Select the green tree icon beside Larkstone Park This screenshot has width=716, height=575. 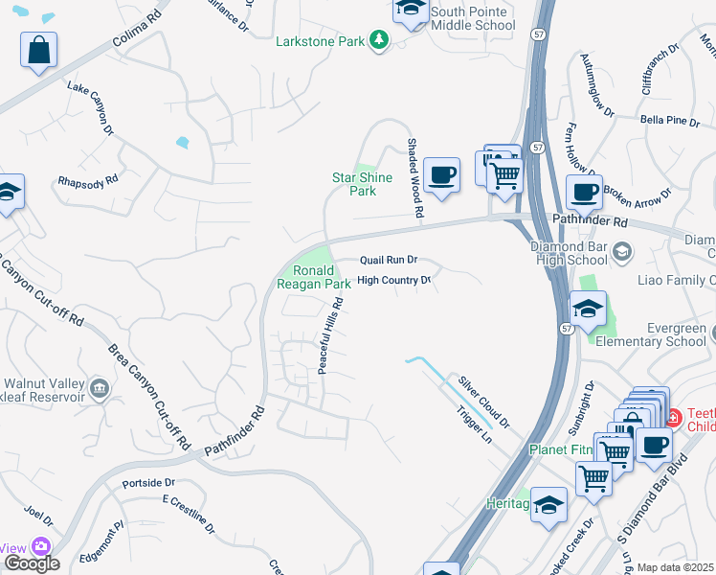pos(381,39)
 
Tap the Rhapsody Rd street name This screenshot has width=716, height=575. pos(87,179)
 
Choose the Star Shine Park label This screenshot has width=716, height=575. pos(362,184)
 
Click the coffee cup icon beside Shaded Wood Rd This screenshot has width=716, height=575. pos(441,175)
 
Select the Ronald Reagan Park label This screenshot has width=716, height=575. pos(314,278)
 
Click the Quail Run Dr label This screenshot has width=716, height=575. pos(389,260)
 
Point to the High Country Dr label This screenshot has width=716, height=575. pos(393,281)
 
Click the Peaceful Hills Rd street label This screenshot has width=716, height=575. pos(330,335)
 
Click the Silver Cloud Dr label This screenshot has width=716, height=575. pos(482,401)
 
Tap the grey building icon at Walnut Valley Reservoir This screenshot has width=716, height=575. pos(100,388)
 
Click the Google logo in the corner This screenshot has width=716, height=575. pos(31,563)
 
